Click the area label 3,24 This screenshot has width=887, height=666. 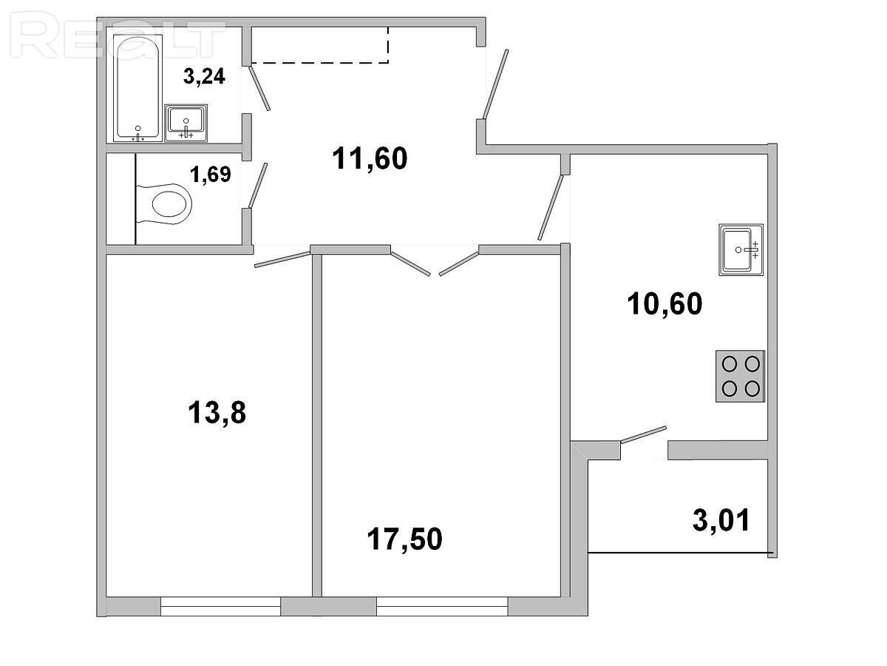204,76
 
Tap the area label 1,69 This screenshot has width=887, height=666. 210,175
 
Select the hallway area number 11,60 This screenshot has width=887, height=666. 370,158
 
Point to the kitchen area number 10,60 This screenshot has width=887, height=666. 665,303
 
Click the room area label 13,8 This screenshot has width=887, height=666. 217,412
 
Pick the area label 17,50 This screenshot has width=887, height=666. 404,539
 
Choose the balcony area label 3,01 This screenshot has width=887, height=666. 721,519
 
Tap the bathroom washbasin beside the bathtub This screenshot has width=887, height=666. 186,123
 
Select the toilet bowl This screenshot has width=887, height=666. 163,203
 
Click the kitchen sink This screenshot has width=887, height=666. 741,250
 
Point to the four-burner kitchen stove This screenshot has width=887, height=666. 741,377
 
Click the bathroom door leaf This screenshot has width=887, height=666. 259,88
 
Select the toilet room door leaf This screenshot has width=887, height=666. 258,186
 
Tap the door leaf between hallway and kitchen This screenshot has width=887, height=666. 551,207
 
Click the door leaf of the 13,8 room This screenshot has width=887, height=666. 282,259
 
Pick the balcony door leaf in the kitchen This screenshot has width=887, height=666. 643,435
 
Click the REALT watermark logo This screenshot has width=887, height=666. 118,36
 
